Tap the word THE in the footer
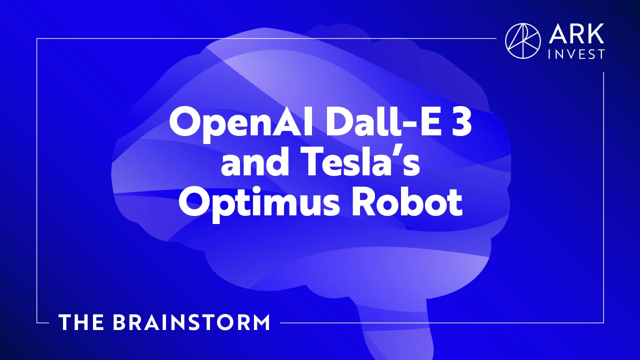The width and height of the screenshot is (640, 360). pos(81,322)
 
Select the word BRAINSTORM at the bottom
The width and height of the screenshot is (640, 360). pos(191,322)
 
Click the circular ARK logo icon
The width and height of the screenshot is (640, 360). pos(523,41)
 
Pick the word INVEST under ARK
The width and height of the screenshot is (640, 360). pos(576,54)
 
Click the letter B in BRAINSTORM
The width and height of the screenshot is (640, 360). pos(120,322)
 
